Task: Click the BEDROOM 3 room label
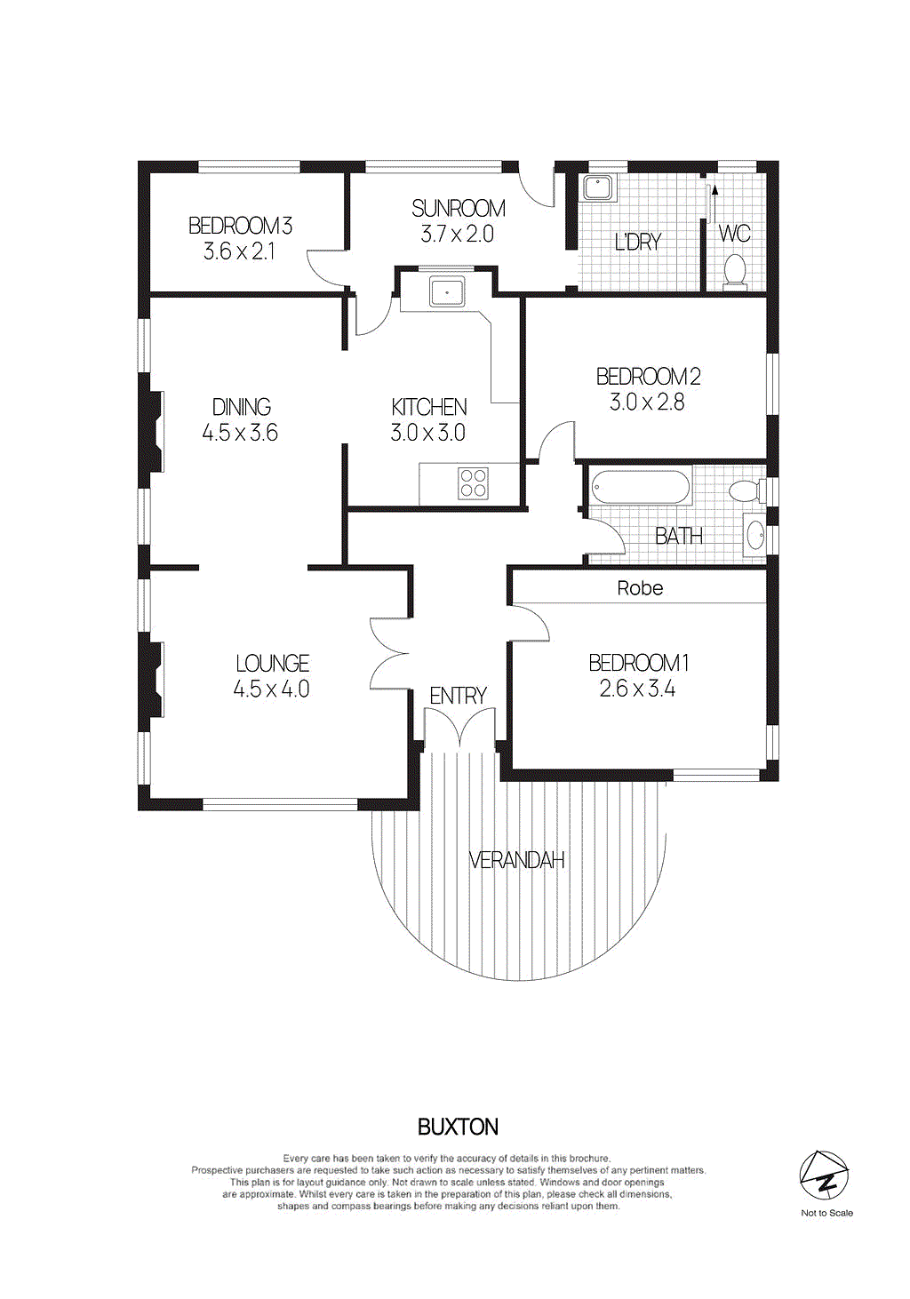coord(240,226)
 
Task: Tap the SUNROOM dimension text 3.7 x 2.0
coord(457,235)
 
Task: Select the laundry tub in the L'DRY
coord(596,187)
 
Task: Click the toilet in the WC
coord(735,271)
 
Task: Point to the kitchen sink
coord(446,291)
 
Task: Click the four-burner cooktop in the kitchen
coord(473,482)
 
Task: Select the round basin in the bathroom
coord(754,535)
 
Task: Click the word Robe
coord(640,588)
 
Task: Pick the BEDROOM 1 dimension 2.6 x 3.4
coord(637,689)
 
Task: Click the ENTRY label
coord(458,696)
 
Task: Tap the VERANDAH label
coord(516,860)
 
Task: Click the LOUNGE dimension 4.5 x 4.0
coord(271,689)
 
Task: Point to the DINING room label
coord(241,407)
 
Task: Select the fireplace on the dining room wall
coord(154,432)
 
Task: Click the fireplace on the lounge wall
coord(154,681)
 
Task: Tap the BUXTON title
coord(458,1127)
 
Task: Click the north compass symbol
coord(824,1175)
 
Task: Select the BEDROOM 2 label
coord(648,377)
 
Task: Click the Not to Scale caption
coord(826,1213)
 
